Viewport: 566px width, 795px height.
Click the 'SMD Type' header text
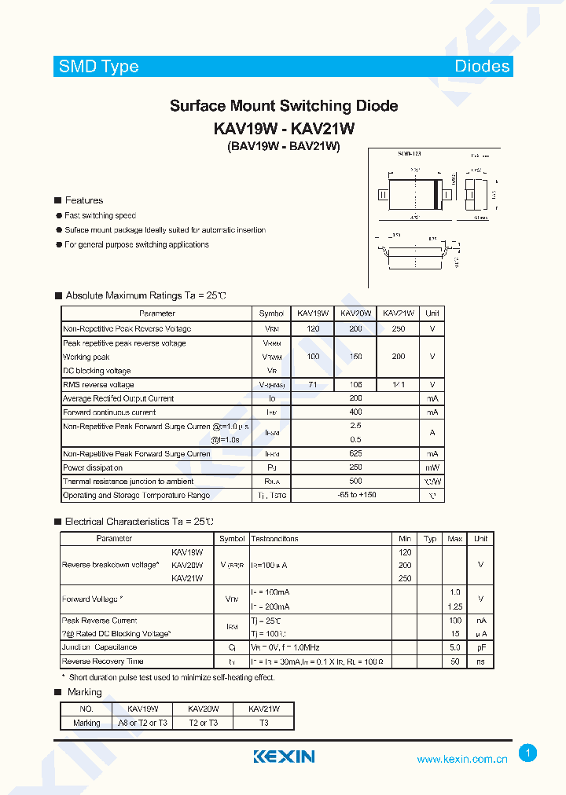pos(98,67)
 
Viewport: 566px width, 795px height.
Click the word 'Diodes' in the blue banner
pos(482,67)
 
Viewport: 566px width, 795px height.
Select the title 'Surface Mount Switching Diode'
pos(284,106)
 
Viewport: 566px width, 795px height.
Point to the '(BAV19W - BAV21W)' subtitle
pos(284,147)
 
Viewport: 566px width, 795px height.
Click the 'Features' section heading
pos(83,200)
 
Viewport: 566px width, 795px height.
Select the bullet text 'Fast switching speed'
pos(101,215)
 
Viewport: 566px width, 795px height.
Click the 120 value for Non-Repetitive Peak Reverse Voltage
pos(313,329)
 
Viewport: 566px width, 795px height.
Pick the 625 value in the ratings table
pos(355,454)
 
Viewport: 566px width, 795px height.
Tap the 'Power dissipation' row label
pos(93,468)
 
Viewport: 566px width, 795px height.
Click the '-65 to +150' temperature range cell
pos(355,496)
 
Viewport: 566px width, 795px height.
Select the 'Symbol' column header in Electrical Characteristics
pos(232,539)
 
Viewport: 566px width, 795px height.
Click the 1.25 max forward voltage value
pos(454,606)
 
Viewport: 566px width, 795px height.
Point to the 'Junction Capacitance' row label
pos(100,647)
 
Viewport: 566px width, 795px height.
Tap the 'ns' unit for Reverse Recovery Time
pos(480,661)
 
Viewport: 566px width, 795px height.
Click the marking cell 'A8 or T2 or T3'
pos(142,723)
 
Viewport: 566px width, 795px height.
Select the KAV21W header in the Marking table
pos(263,709)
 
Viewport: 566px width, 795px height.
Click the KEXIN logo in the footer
pos(284,757)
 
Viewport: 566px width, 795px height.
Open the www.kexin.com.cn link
pos(462,759)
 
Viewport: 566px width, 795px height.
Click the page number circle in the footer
pos(528,753)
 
